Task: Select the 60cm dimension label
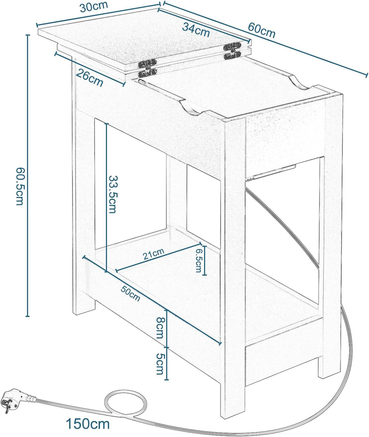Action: pos(262,30)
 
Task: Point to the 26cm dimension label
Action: pos(90,78)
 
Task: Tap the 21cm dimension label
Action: pos(153,254)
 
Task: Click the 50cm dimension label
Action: pos(131,293)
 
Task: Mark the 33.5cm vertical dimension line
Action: pos(106,197)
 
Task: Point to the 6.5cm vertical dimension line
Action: pos(205,261)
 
